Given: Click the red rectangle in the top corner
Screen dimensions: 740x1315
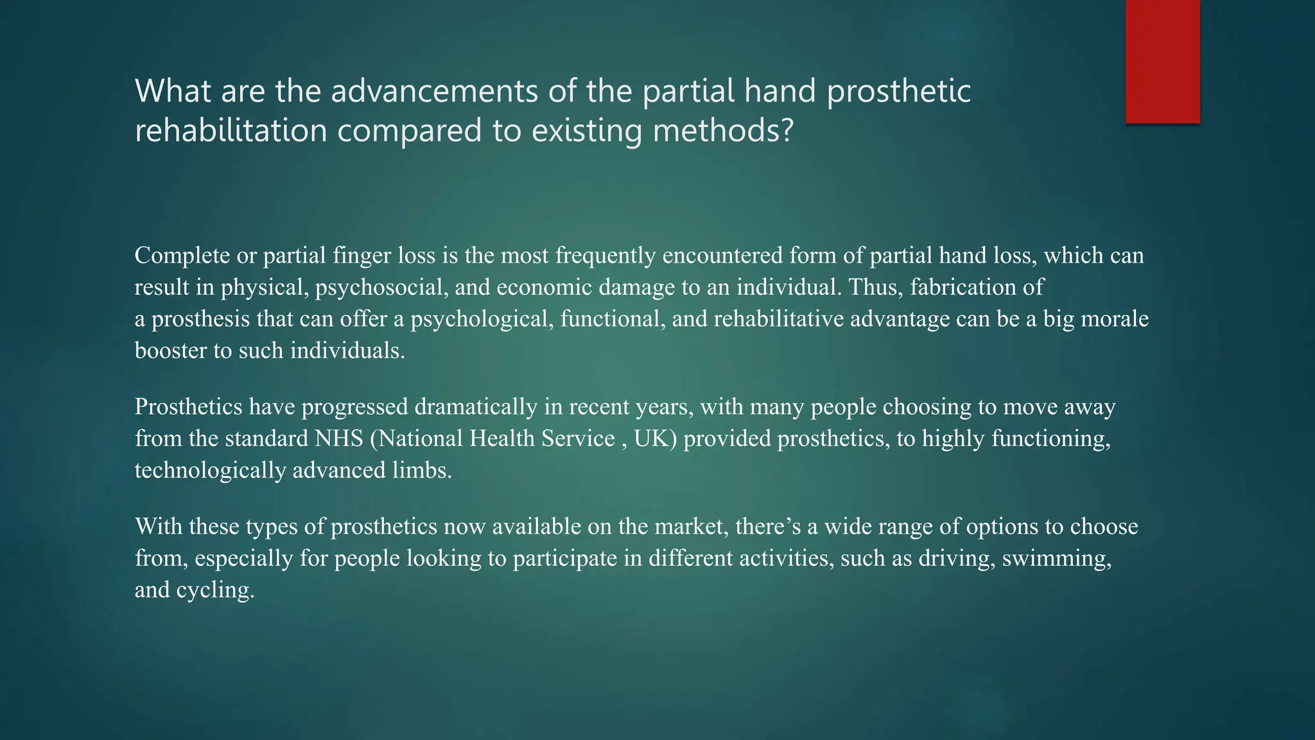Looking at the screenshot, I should (1162, 62).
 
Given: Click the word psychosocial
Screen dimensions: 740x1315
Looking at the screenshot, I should (381, 287).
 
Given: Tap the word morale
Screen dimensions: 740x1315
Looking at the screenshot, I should (1115, 319).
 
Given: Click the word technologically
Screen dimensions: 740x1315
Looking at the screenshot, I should (210, 470).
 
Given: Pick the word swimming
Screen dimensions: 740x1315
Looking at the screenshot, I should (1056, 558).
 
